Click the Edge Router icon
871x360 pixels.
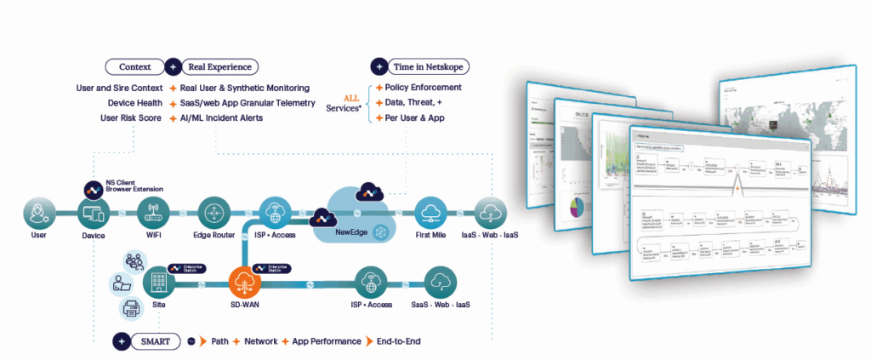(x=211, y=212)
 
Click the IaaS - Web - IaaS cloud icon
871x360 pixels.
(x=492, y=212)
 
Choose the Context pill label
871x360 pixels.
(x=134, y=66)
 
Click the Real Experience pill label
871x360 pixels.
(x=219, y=66)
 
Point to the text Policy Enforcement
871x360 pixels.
(x=424, y=88)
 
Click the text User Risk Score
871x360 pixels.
(x=132, y=118)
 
